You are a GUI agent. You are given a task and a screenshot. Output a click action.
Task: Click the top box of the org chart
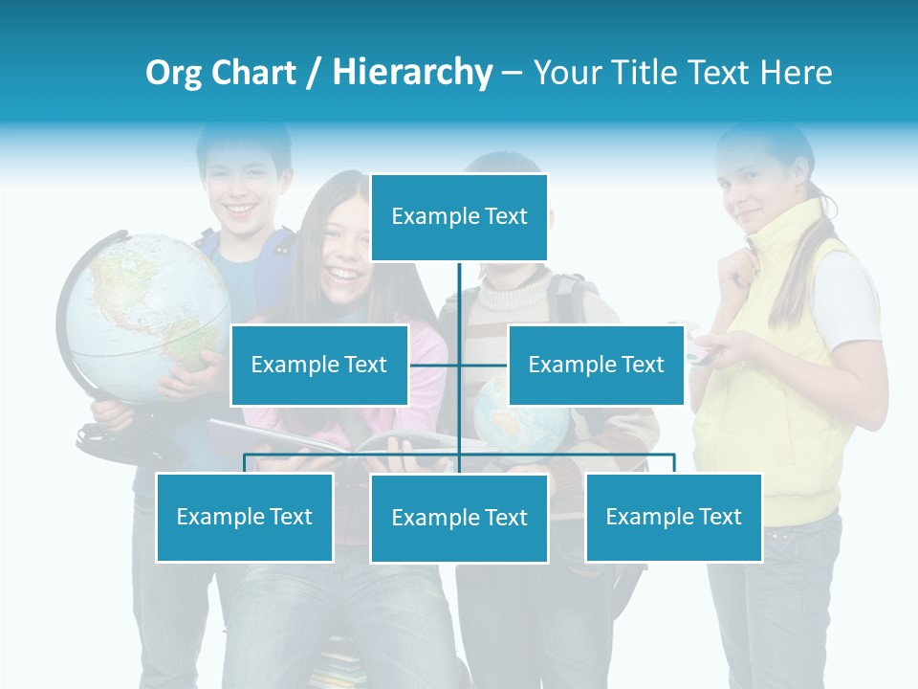click(x=459, y=217)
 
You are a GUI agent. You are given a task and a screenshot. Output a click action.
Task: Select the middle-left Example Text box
click(x=319, y=365)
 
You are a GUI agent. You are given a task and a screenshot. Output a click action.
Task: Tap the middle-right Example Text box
click(x=596, y=365)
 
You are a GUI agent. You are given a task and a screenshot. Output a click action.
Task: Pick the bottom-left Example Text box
click(x=245, y=517)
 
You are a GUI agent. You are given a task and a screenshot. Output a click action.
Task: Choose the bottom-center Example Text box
click(x=459, y=518)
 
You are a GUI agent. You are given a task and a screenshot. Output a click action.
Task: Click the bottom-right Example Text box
click(x=673, y=517)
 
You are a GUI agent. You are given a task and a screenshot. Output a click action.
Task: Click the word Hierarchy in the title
click(x=412, y=73)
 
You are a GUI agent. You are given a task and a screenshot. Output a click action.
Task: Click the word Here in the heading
click(x=796, y=73)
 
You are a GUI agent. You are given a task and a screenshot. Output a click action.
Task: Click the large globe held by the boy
click(x=143, y=316)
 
